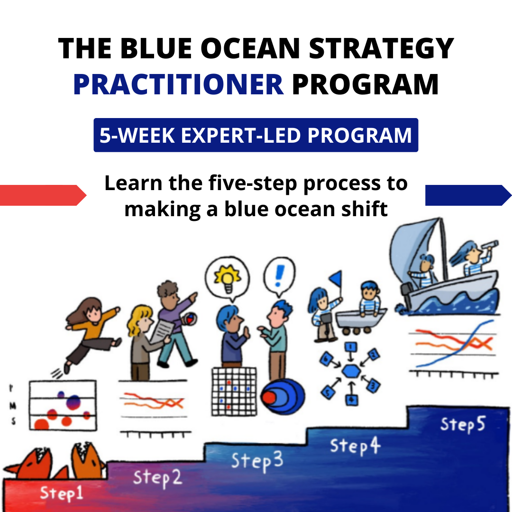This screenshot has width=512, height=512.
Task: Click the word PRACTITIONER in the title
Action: click(x=178, y=84)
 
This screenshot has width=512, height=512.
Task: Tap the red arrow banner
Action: click(x=43, y=195)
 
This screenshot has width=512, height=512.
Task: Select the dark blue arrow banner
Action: click(x=468, y=195)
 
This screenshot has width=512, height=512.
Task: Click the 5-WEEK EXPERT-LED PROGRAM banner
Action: click(x=256, y=135)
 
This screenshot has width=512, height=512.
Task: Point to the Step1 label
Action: click(x=61, y=493)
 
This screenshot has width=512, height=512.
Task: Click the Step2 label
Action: click(x=157, y=478)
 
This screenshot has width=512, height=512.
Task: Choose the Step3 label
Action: click(x=257, y=461)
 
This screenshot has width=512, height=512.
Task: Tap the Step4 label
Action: click(x=355, y=446)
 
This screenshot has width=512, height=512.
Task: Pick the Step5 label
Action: click(x=463, y=424)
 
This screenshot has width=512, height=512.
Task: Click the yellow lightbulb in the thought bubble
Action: click(x=228, y=279)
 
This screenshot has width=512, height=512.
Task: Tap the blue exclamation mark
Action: click(x=280, y=275)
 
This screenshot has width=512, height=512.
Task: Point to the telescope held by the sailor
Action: click(x=490, y=245)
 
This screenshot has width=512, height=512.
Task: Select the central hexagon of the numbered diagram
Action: click(x=351, y=371)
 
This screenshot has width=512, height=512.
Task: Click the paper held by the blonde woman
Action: click(x=162, y=332)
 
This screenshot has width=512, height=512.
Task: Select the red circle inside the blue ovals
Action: click(x=269, y=397)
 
